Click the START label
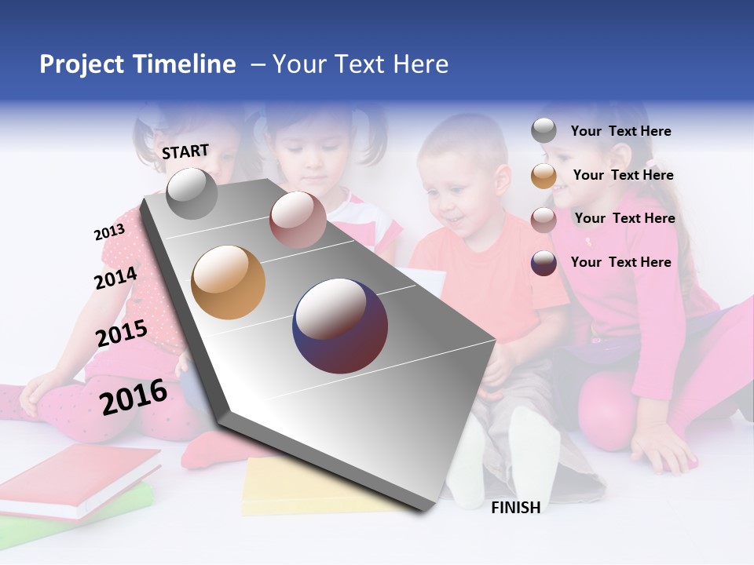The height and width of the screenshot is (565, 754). click(185, 151)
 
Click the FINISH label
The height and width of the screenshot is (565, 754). click(515, 508)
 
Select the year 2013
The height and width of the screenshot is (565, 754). click(109, 232)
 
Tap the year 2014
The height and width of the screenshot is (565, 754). click(115, 278)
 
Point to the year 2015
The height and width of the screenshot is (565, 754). click(122, 334)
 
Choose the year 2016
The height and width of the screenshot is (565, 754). click(134, 397)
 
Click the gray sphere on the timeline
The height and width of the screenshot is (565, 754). click(192, 194)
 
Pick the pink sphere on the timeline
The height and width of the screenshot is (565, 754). click(297, 220)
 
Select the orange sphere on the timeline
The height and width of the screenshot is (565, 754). click(229, 282)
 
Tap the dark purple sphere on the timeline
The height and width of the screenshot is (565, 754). click(340, 326)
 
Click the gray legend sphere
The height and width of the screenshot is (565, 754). click(544, 130)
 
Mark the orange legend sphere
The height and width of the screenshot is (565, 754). click(544, 176)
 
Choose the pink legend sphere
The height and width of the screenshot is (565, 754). click(544, 220)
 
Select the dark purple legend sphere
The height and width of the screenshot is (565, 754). click(544, 263)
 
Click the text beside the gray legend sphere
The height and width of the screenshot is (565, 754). click(620, 131)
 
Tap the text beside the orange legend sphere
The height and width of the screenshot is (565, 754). click(623, 175)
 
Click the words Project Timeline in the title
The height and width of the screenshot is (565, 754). click(137, 64)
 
